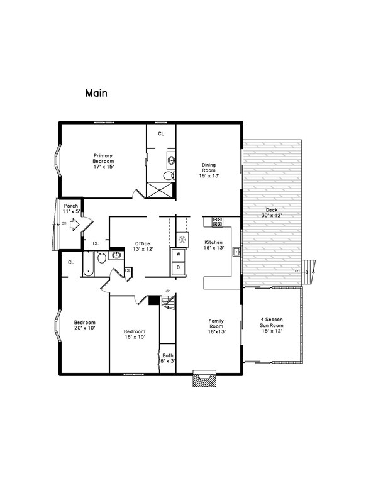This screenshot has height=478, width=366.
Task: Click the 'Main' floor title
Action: point(96,93)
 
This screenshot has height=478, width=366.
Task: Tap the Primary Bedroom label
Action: point(103,161)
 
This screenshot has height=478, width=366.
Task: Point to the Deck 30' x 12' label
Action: point(272,212)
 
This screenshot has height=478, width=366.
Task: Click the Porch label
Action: point(71,208)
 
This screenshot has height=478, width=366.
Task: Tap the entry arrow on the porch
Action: point(74,224)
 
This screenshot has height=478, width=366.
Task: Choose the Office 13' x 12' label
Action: point(142,247)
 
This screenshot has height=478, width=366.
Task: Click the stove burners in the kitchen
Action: point(217,221)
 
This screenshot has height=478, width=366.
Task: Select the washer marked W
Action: point(178,254)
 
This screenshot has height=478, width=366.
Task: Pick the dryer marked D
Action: point(178,267)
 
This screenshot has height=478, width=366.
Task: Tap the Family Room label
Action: point(216,325)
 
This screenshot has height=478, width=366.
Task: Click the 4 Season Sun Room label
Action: point(272,325)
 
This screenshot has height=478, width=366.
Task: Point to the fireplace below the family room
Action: point(204,379)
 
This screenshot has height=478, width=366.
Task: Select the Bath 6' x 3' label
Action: point(167,358)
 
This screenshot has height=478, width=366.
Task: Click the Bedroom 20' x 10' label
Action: point(84,325)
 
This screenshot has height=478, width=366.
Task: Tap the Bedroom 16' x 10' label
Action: point(134,335)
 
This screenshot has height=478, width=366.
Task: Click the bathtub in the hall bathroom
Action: point(87,264)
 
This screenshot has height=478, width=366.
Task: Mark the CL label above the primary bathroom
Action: point(161,134)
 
